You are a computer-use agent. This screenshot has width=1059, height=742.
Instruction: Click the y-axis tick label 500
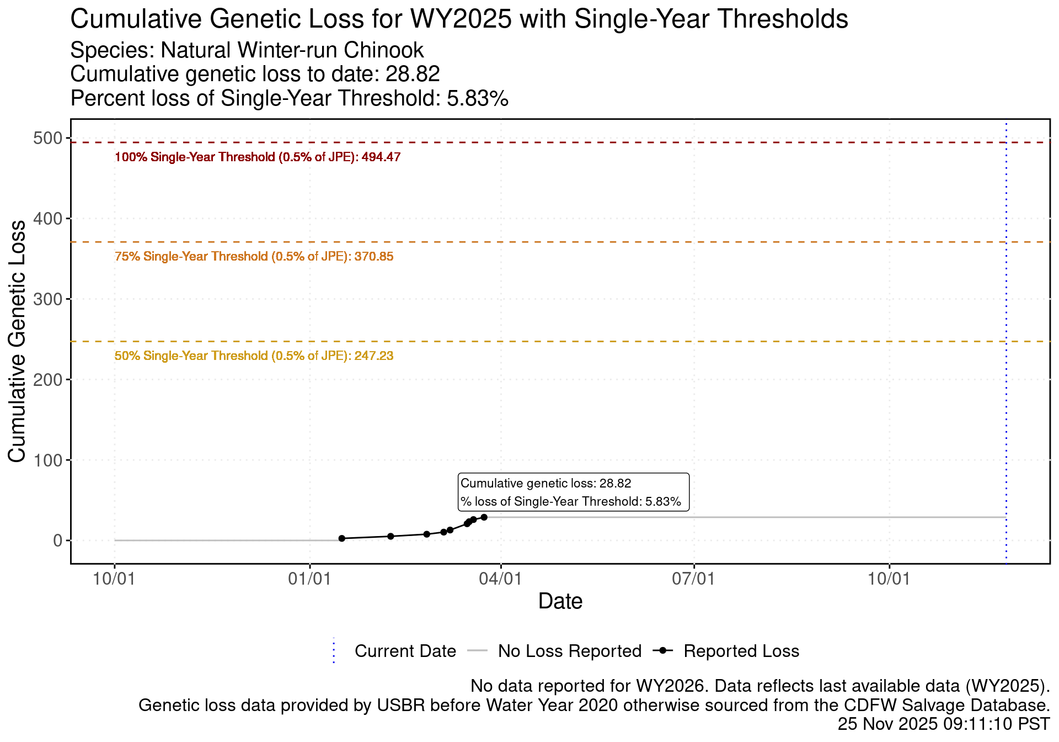click(x=48, y=138)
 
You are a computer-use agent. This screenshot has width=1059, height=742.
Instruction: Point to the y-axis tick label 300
click(x=48, y=299)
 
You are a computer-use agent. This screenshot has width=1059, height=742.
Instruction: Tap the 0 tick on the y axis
click(x=57, y=540)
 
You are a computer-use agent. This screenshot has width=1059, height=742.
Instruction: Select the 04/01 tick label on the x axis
click(x=500, y=579)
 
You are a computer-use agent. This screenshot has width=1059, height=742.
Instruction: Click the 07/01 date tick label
click(x=694, y=579)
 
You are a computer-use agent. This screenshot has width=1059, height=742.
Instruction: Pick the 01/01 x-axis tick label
click(x=310, y=579)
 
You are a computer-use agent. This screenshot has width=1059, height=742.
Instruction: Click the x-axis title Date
click(x=560, y=601)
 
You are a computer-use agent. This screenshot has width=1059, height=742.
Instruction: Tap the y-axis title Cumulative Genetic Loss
click(x=17, y=341)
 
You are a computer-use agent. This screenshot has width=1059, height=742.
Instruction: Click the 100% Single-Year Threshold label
click(x=258, y=157)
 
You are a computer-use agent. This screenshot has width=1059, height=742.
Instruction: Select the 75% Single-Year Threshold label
click(x=254, y=257)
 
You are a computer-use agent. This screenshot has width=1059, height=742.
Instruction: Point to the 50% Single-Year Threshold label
click(x=254, y=356)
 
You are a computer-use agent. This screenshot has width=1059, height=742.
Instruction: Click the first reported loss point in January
click(x=341, y=538)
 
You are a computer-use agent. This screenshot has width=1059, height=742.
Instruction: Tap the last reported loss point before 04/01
click(x=484, y=517)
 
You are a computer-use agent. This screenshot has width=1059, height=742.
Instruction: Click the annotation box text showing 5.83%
click(x=571, y=502)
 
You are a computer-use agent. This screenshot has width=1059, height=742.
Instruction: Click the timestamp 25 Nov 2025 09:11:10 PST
click(x=943, y=724)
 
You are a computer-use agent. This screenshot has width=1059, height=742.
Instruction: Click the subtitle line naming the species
click(x=247, y=51)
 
